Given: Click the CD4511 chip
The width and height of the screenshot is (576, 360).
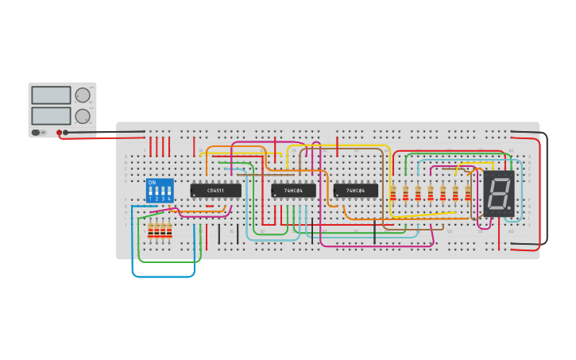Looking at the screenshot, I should pyautogui.click(x=215, y=191).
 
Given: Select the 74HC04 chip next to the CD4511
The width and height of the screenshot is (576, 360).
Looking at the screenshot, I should pyautogui.click(x=293, y=191).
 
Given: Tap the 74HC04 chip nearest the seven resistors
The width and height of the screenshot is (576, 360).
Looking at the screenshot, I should pyautogui.click(x=356, y=191).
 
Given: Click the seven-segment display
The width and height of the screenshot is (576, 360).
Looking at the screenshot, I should pyautogui.click(x=499, y=193).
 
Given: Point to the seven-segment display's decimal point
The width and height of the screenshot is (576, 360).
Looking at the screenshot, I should pyautogui.click(x=509, y=209).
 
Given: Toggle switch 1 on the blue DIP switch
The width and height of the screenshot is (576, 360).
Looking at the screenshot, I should pyautogui.click(x=151, y=191).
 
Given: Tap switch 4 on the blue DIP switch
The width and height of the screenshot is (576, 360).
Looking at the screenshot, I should pyautogui.click(x=169, y=191).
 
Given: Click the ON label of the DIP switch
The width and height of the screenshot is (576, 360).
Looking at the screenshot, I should pyautogui.click(x=152, y=182).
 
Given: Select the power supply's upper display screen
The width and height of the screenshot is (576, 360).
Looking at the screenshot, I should pyautogui.click(x=51, y=95).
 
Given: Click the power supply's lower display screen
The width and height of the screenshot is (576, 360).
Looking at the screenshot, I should pyautogui.click(x=51, y=115).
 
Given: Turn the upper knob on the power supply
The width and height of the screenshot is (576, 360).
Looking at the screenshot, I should pyautogui.click(x=83, y=95).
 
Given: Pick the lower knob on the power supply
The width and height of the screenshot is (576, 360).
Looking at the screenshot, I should pyautogui.click(x=83, y=116).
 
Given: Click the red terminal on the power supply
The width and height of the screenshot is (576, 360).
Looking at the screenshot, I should pyautogui.click(x=59, y=133).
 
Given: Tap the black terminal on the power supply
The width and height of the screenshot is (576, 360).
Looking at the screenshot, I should pyautogui.click(x=66, y=133).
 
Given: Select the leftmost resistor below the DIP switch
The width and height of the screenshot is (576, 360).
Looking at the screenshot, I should pyautogui.click(x=151, y=230).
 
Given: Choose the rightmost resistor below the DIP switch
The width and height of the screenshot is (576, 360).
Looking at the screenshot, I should pyautogui.click(x=169, y=230).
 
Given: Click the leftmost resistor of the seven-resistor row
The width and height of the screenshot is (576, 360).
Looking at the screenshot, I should pyautogui.click(x=392, y=193).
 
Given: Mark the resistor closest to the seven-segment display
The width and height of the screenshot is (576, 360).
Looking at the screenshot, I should pyautogui.click(x=468, y=193).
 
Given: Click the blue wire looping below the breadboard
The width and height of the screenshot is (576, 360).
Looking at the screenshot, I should pyautogui.click(x=163, y=276).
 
